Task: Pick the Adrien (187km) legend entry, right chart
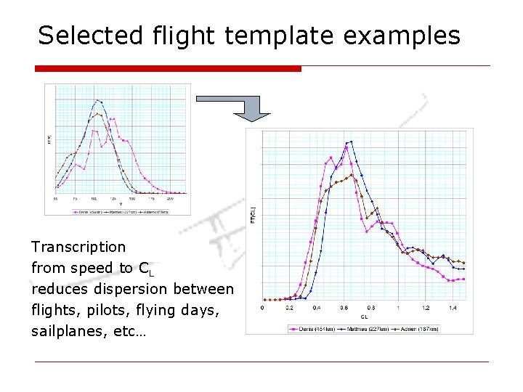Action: coord(421,329)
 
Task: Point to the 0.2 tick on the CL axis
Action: coord(290,308)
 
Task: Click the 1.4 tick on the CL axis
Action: coord(453,308)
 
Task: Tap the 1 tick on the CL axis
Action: coord(398,308)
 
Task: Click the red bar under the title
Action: coord(168,68)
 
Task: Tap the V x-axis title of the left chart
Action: coord(121,204)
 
